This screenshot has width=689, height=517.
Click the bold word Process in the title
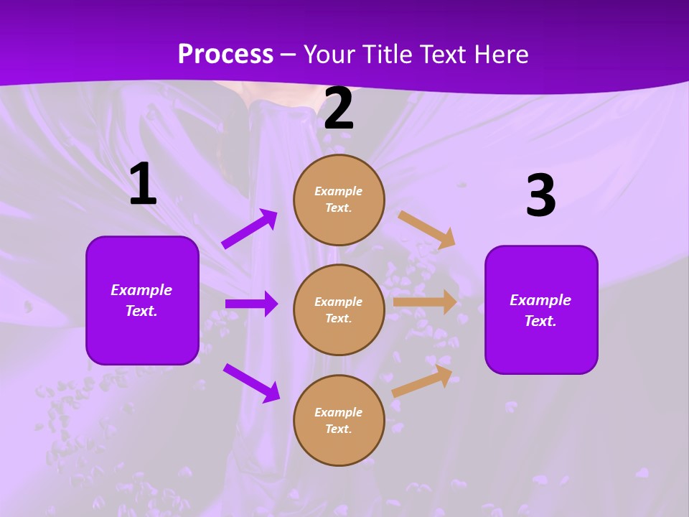pos(225,55)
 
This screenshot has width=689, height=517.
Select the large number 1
pos(143,185)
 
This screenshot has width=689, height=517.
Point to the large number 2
pos(339,109)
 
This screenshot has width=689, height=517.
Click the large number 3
pos(540,196)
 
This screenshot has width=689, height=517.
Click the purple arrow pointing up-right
pos(250,229)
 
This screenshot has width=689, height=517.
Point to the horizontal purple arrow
pos(251,304)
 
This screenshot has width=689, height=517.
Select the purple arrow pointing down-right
pos(251,383)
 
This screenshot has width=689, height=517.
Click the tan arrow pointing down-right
pos(427,229)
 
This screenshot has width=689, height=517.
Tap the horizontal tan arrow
pos(425,302)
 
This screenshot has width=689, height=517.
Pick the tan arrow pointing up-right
pos(422,381)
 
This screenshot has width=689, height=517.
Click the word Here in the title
pos(502,55)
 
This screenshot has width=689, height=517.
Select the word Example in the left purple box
pos(141,290)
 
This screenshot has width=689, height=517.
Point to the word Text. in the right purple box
pos(540,321)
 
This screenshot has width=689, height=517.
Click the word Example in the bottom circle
pos(339,412)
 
